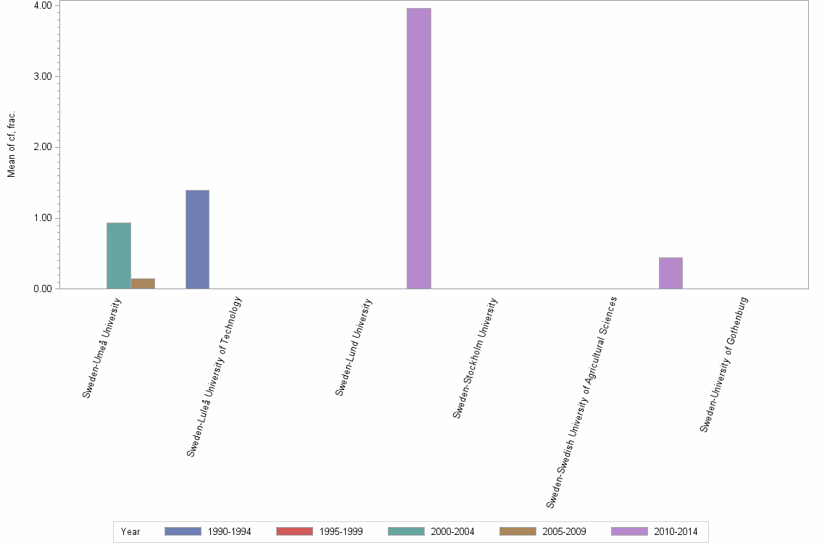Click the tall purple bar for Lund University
(419, 149)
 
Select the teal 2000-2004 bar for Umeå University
(119, 256)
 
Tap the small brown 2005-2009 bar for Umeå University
(143, 283)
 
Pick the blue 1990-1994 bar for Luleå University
(197, 239)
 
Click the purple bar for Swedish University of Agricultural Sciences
(671, 273)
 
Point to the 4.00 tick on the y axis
(43, 6)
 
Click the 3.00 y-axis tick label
(43, 76)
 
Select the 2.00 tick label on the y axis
(43, 147)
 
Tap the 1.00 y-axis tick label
(43, 218)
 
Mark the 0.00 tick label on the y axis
(43, 289)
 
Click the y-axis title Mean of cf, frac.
(12, 144)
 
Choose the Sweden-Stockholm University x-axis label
(476, 358)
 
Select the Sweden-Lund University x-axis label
(354, 347)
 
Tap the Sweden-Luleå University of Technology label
(215, 377)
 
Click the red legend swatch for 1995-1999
(294, 531)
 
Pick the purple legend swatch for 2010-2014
(629, 531)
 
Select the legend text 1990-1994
(229, 532)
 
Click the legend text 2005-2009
(564, 532)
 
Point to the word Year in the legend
(130, 532)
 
